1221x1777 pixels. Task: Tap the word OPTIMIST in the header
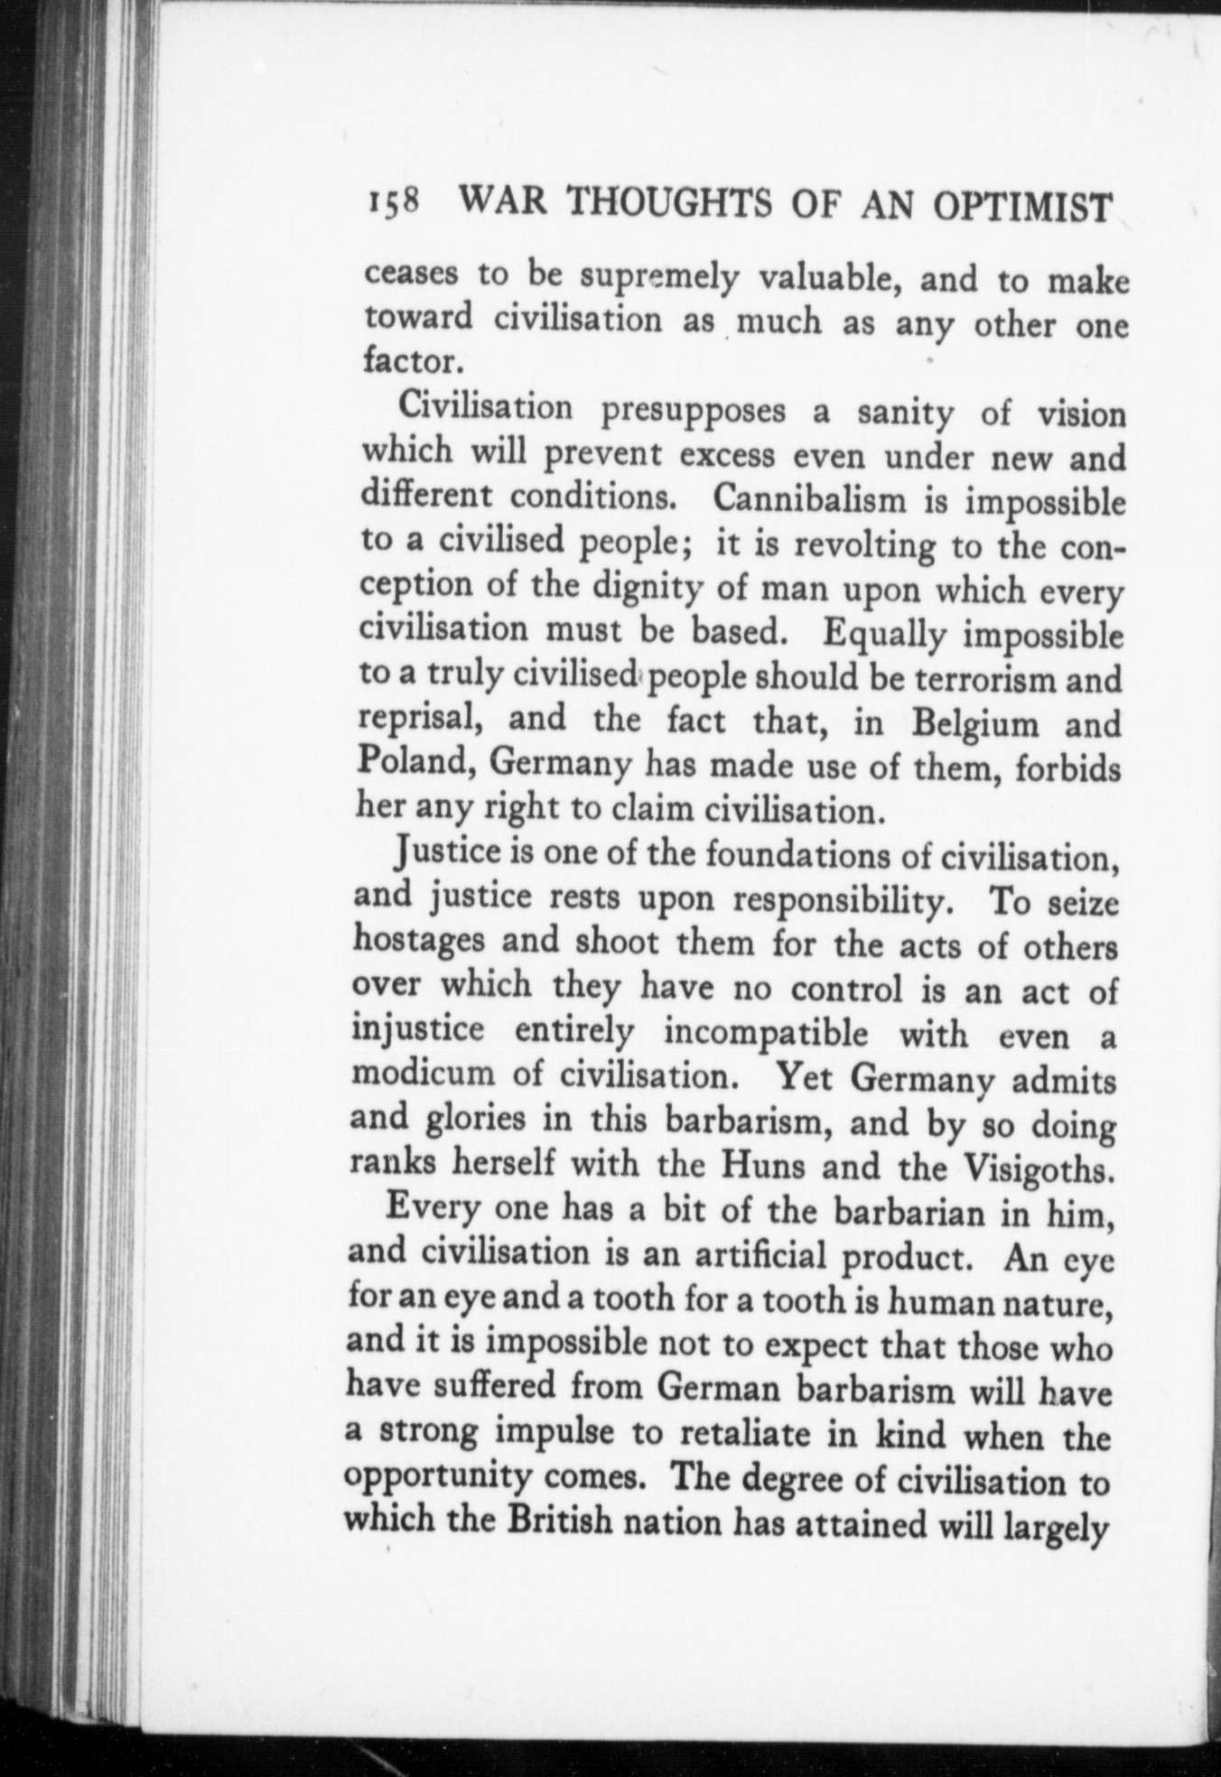[x=1023, y=210]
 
